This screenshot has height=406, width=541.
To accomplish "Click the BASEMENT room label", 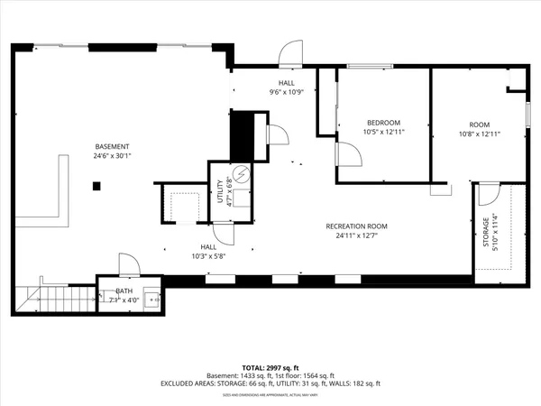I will pyautogui.click(x=113, y=147).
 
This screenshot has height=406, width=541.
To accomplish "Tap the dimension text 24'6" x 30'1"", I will pyautogui.click(x=113, y=156).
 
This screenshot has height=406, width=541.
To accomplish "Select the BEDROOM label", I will pyautogui.click(x=383, y=123).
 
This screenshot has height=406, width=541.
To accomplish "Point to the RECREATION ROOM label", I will pyautogui.click(x=357, y=226).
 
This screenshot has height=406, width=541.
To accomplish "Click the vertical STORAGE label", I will pyautogui.click(x=487, y=234).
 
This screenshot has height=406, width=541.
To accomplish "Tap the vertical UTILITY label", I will pyautogui.click(x=219, y=194).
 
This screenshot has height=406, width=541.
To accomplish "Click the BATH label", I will pyautogui.click(x=124, y=291).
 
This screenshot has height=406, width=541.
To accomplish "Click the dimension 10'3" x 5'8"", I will pyautogui.click(x=207, y=255).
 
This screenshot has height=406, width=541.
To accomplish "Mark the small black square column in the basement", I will pyautogui.click(x=97, y=186).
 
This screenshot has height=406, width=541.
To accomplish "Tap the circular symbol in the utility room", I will pyautogui.click(x=241, y=174).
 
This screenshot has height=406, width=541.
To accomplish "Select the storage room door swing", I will pyautogui.click(x=488, y=193).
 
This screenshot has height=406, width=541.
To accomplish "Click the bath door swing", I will pyautogui.click(x=128, y=264).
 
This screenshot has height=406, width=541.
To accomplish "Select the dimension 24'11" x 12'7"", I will pyautogui.click(x=357, y=236).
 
